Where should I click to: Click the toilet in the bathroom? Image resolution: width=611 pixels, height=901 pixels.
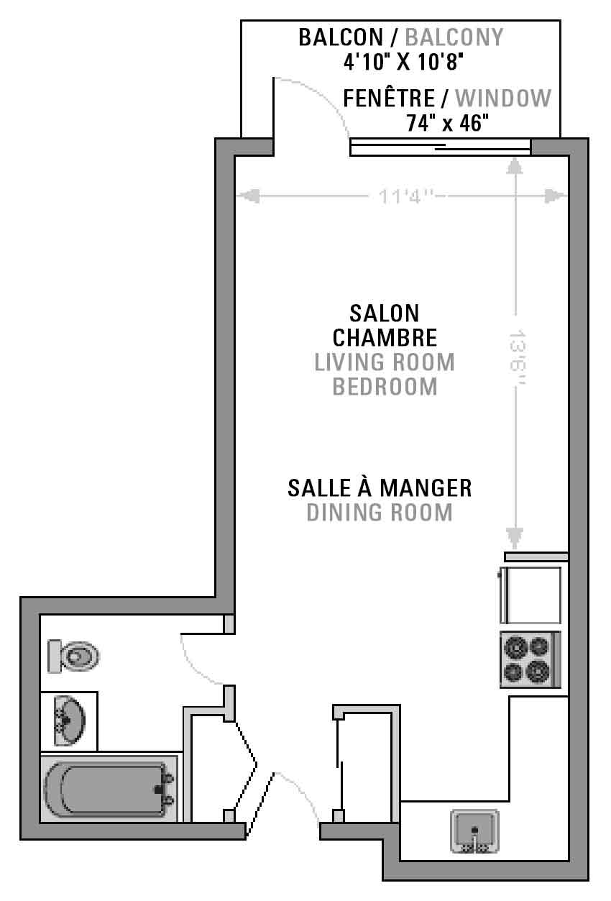[73, 657]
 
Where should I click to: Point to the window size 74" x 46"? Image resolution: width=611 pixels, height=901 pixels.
[448, 123]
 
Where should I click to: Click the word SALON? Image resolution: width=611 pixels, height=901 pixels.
[385, 314]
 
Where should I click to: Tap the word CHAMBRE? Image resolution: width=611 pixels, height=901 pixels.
[385, 337]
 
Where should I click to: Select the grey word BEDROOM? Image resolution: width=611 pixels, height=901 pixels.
[385, 387]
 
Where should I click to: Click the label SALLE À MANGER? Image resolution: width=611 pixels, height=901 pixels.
[380, 488]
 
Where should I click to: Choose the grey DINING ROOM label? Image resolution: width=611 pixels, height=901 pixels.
[380, 513]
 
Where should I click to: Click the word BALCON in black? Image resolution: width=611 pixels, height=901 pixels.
[341, 37]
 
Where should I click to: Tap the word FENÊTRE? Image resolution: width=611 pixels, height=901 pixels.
[389, 98]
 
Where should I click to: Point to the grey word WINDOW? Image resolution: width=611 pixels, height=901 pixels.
[503, 98]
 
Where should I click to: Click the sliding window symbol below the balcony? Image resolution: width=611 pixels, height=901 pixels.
[440, 147]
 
